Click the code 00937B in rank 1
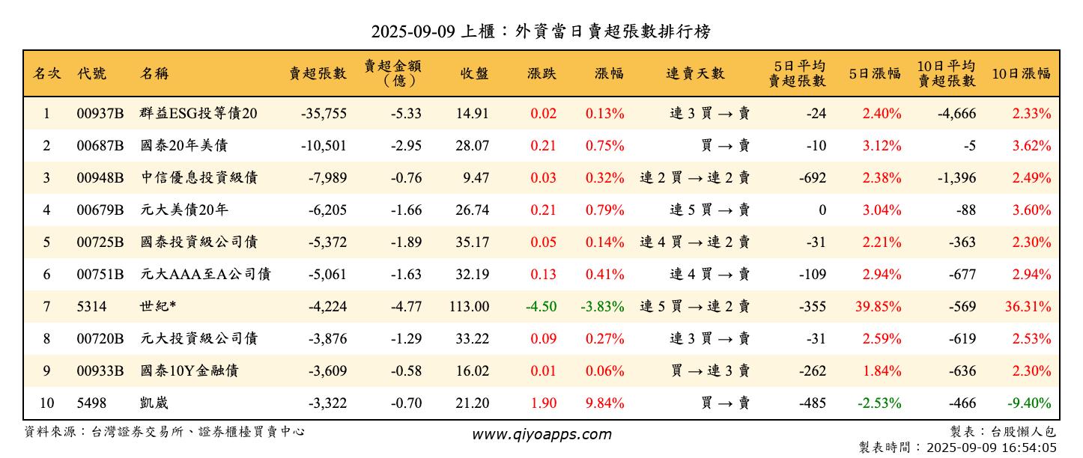tap(100, 114)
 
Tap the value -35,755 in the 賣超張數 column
tap(324, 114)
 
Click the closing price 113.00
tap(472, 307)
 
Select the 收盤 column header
tap(474, 73)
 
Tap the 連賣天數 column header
tap(695, 73)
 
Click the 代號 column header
tap(91, 73)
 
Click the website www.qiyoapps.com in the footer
tap(541, 434)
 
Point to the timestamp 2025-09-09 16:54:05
tap(992, 448)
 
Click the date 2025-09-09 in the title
tap(413, 32)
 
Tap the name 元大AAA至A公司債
tap(205, 275)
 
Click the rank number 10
tap(46, 403)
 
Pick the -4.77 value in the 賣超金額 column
tap(406, 307)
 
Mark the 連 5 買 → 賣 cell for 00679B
tap(709, 210)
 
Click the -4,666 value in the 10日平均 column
tap(957, 114)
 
